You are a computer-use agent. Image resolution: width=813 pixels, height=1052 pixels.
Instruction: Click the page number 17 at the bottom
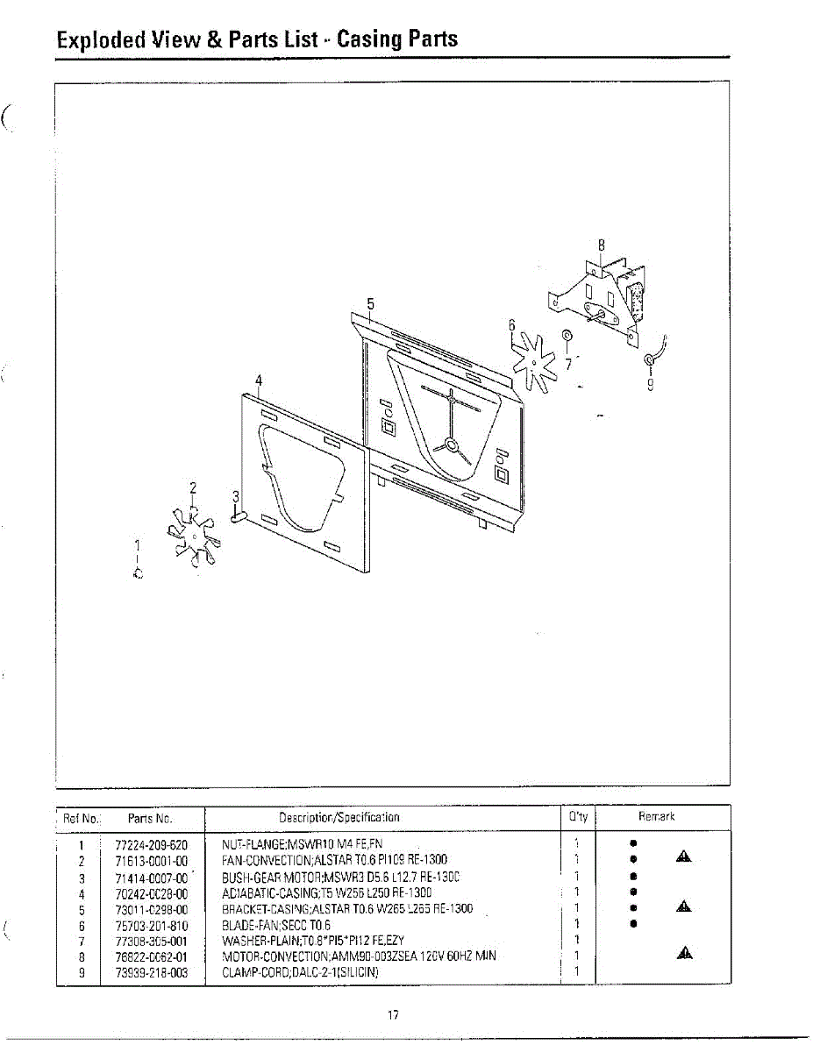tap(393, 1015)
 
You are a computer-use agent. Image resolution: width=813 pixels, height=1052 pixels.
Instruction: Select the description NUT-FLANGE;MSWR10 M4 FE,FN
tap(303, 845)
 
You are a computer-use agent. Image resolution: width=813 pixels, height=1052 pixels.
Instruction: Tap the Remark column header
tap(657, 817)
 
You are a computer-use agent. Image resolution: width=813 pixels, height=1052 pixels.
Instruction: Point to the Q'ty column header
tap(578, 817)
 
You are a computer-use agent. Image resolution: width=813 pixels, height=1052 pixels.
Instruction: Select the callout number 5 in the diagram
tap(371, 304)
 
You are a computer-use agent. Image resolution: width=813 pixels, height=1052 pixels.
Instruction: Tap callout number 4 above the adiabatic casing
tap(259, 380)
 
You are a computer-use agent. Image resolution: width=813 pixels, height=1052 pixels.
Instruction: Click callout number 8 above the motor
tap(602, 245)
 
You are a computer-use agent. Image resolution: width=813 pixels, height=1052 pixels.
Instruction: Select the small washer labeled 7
tap(567, 335)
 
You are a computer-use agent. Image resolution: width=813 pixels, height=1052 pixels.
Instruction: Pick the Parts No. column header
tap(150, 817)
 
